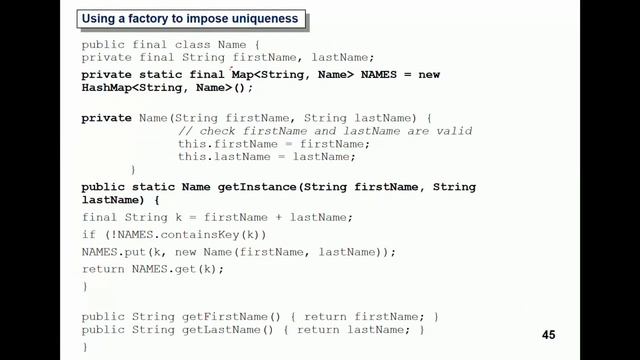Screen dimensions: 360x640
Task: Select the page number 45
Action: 549,335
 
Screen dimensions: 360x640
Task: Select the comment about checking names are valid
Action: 325,131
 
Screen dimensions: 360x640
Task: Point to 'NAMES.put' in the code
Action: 112,252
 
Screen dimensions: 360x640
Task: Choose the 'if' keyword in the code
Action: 88,235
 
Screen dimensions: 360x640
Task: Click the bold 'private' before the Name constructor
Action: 106,118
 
